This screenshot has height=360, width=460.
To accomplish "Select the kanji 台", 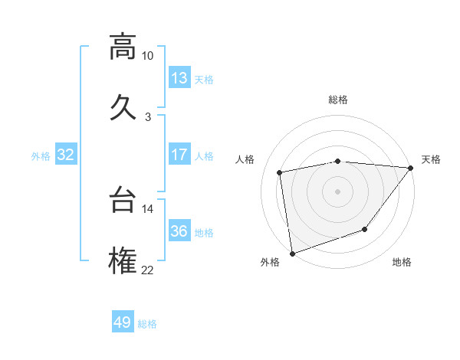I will tap(122, 201).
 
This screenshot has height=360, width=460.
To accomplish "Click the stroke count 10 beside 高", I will tap(148, 56).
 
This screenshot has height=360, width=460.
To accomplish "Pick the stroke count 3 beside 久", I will tap(148, 116).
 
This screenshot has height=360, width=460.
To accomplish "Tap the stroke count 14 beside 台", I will tap(148, 208).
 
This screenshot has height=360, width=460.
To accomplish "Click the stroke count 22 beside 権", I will tap(148, 269).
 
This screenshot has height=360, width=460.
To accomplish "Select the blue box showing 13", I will tap(179, 78).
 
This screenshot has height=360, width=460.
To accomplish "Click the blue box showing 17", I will tap(179, 155).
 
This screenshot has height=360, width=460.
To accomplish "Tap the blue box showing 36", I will tap(179, 231).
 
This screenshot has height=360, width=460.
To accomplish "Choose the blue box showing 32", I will tap(66, 155).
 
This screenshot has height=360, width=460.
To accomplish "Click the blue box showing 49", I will tap(122, 322).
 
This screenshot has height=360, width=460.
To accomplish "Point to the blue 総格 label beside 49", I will tap(147, 324).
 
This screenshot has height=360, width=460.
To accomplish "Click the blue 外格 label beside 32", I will tap(41, 156).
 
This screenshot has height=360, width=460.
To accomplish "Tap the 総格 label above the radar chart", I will tap(338, 100).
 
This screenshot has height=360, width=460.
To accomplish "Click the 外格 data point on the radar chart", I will tap(292, 253).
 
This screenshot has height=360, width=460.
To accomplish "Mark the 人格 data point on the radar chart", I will tap(280, 172).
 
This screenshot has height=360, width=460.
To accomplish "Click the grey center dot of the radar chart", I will tap(337, 191).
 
